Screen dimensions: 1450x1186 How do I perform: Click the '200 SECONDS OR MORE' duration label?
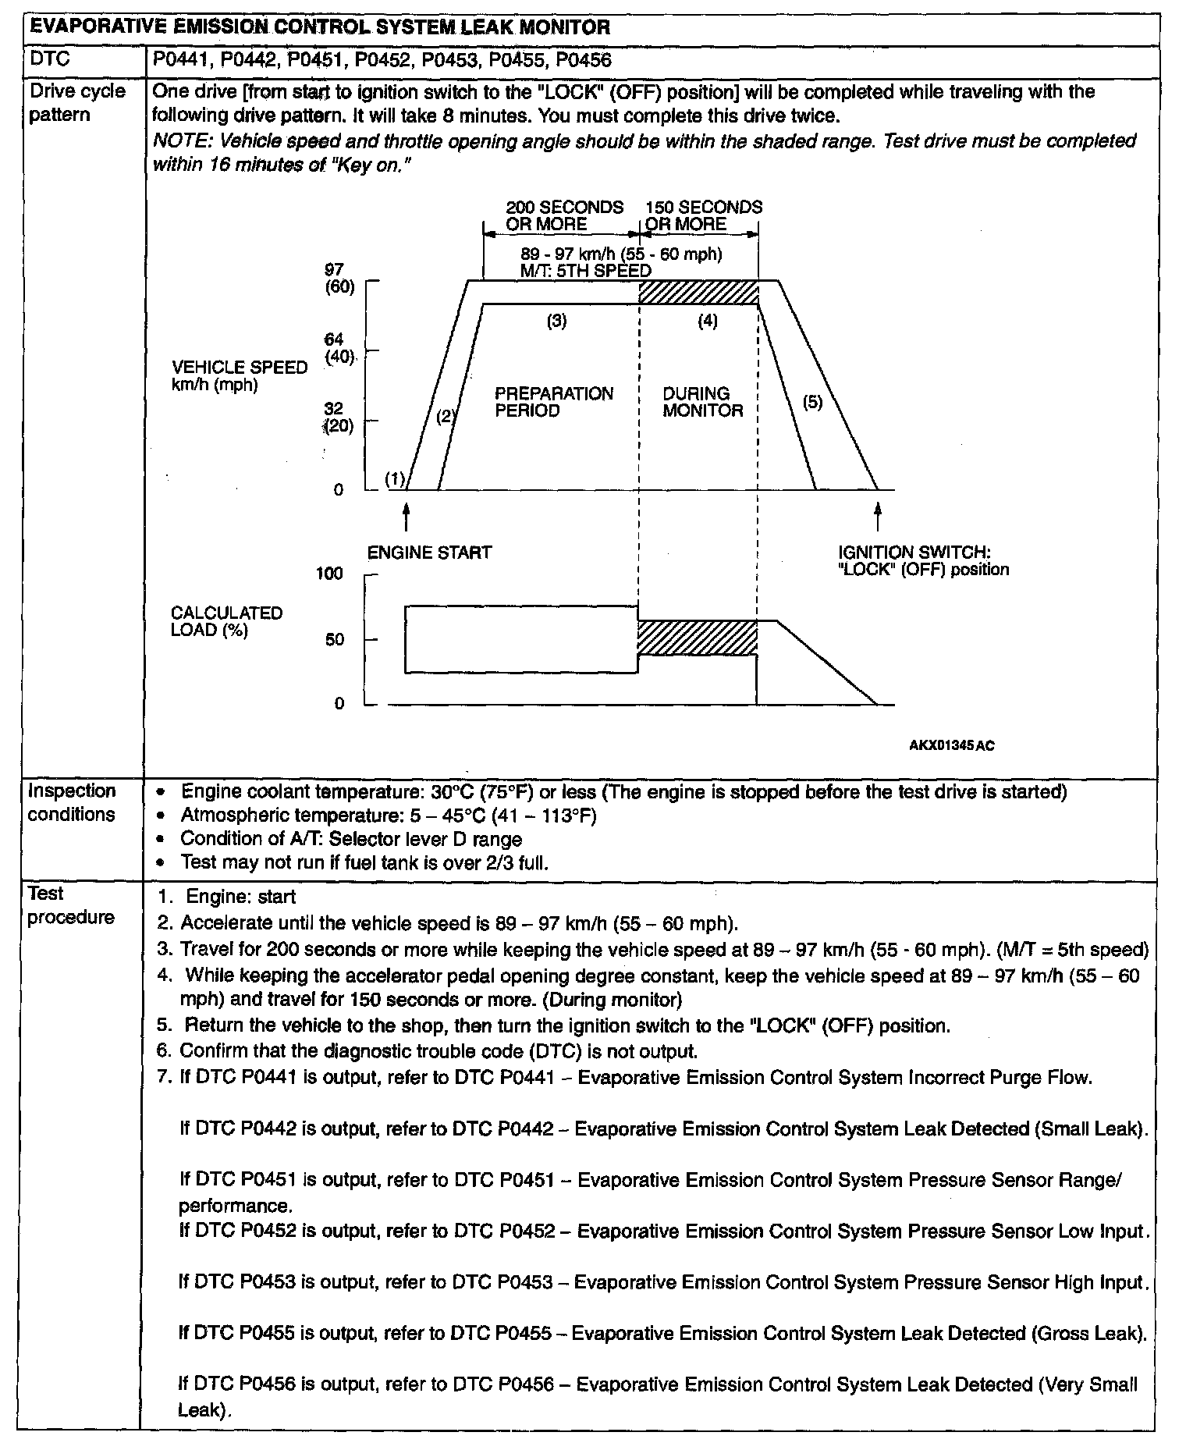point(564,215)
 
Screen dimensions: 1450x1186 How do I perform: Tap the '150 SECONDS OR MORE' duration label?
point(703,215)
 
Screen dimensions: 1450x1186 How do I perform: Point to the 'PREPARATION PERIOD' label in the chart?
point(554,402)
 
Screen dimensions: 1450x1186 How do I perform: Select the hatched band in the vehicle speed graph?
point(698,293)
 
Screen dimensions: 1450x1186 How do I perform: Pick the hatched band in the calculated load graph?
point(697,638)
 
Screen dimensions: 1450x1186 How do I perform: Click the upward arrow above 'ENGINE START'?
point(406,518)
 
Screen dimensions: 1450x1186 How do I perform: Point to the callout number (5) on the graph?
point(813,403)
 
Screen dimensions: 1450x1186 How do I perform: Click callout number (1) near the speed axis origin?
point(396,478)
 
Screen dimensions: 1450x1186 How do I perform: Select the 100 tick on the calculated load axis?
point(329,574)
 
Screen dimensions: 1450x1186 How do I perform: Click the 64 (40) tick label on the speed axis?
point(337,348)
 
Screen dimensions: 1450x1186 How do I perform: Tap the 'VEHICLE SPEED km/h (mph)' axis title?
point(239,375)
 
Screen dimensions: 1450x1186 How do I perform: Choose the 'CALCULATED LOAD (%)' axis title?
point(226,621)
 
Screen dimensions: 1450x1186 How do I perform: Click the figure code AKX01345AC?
point(951,745)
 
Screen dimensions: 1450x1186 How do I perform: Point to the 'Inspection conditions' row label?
point(72,802)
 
